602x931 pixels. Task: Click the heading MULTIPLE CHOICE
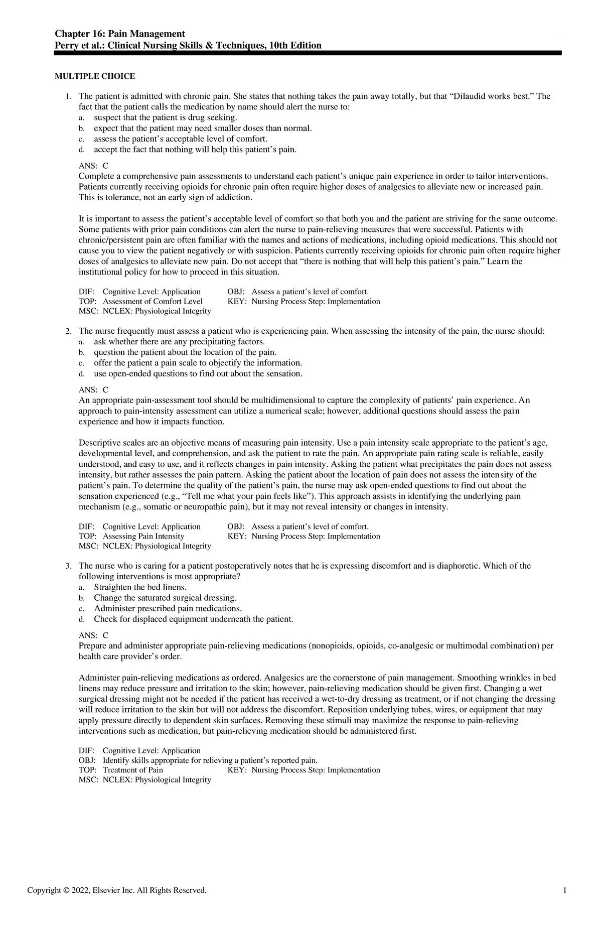point(95,76)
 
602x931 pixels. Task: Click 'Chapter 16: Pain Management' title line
point(120,34)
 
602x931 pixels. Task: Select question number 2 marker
point(69,331)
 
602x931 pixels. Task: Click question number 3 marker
point(69,566)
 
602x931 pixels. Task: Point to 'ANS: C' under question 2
point(94,389)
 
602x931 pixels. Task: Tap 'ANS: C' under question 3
point(94,635)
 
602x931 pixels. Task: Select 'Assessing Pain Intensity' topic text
point(143,536)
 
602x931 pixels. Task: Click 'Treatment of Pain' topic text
point(132,770)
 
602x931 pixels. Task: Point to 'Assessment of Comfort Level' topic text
point(153,301)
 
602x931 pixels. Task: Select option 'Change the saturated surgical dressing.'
point(165,598)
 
